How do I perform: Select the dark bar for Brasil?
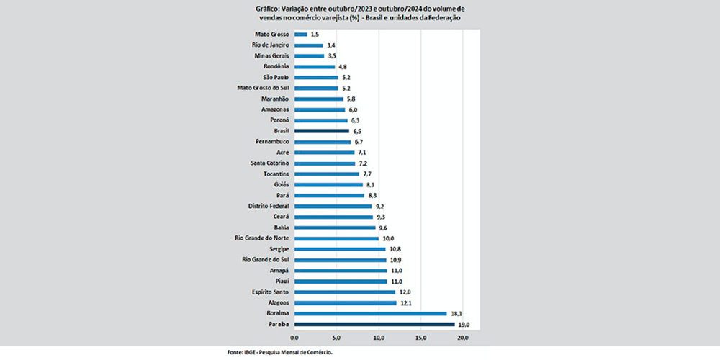pos(321,131)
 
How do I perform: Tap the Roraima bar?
pos(370,314)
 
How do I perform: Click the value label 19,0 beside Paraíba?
pos(464,325)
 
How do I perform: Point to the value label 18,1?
pos(456,314)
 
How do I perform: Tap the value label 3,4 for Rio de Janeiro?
pos(332,45)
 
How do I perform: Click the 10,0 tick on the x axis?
pos(379,337)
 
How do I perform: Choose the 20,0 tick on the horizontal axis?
pos(463,337)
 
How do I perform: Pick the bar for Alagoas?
pos(345,303)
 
